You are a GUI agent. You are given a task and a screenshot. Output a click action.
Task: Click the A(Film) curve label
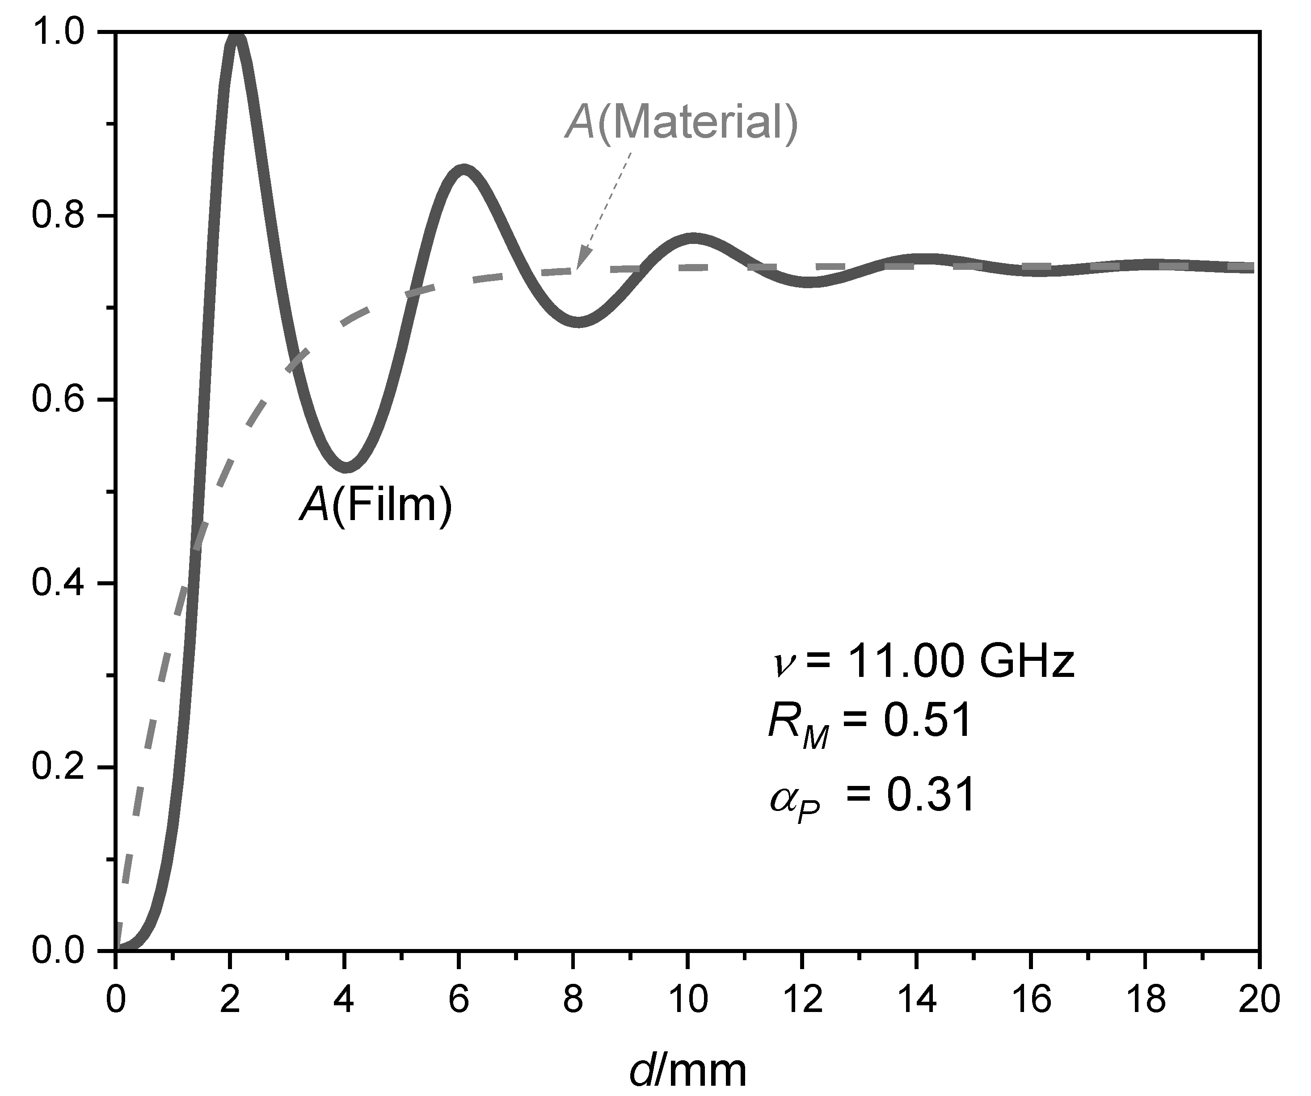(x=375, y=504)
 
